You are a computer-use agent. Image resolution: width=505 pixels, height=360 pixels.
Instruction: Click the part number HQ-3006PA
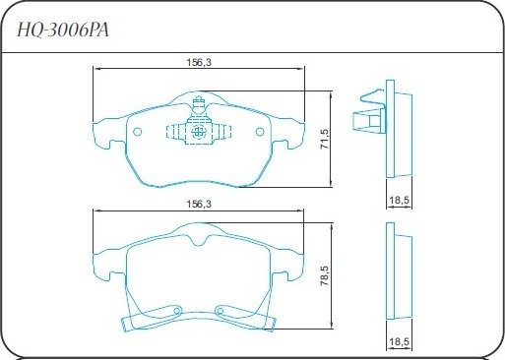tap(63, 30)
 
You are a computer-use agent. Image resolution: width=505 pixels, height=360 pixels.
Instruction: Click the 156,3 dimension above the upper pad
tap(199, 62)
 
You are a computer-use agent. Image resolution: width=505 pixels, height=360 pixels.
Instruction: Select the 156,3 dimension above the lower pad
tap(199, 204)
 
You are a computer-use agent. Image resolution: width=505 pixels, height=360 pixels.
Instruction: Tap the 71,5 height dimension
tap(325, 139)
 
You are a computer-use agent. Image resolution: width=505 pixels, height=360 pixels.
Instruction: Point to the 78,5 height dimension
tap(325, 275)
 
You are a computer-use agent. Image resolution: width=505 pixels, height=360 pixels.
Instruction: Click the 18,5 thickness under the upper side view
tap(400, 200)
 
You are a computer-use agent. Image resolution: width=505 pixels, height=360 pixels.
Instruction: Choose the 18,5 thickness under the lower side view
tap(400, 342)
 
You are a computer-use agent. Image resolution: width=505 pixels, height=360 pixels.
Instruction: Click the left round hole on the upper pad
tap(138, 132)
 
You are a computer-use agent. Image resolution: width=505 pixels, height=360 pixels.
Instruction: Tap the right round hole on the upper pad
tap(260, 132)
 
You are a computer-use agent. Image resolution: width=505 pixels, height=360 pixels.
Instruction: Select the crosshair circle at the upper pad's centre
tap(198, 132)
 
